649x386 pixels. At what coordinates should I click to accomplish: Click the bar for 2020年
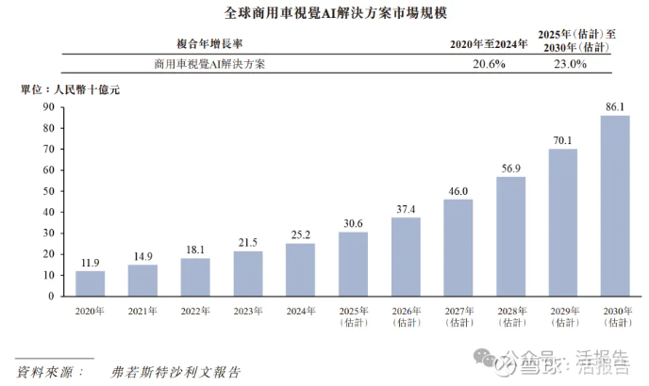point(91,283)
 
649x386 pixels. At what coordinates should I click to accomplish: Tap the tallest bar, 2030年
point(615,206)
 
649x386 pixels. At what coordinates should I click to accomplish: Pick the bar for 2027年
point(458,248)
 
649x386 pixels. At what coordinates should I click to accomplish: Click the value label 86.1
point(615,107)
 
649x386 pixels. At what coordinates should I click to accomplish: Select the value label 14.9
point(143,256)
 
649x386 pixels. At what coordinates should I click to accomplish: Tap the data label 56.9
point(510,169)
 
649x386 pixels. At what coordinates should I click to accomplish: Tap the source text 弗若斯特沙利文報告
point(176,372)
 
